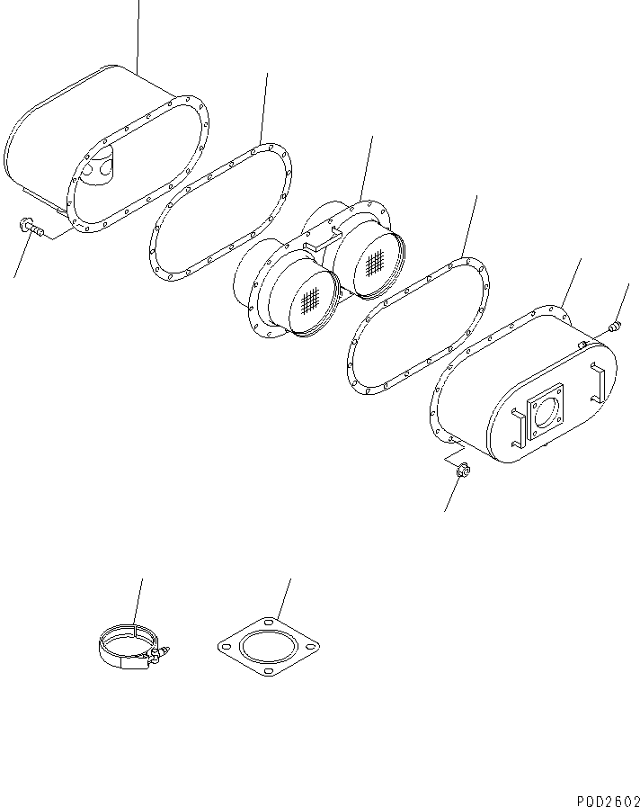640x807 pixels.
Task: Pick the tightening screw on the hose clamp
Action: point(163,656)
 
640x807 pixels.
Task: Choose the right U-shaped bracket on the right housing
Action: point(594,382)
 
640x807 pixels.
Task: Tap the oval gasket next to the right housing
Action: point(418,325)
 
